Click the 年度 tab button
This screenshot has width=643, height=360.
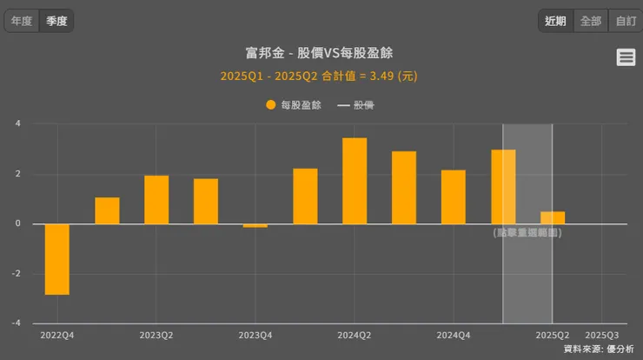[22, 21]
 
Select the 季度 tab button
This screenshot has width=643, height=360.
[56, 21]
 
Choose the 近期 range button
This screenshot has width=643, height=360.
[556, 21]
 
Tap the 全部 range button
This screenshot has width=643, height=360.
[591, 21]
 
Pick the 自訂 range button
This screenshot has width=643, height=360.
[626, 21]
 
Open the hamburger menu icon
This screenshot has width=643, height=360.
[626, 57]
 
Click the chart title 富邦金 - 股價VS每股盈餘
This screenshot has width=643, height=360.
[320, 53]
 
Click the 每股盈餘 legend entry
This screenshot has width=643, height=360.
[294, 105]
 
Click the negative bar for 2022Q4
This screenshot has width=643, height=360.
[57, 259]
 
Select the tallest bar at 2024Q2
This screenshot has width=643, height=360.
[355, 181]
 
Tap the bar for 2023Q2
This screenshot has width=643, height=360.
[156, 199]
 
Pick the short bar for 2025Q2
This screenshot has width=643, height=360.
[553, 217]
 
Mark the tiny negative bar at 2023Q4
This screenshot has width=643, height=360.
[255, 226]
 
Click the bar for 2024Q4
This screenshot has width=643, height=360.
[454, 197]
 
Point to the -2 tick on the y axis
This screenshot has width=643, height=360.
[17, 274]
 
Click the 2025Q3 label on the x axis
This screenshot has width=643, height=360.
[602, 335]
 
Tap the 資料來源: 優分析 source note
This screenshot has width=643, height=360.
[599, 349]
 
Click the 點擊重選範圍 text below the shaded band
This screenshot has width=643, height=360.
[527, 233]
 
